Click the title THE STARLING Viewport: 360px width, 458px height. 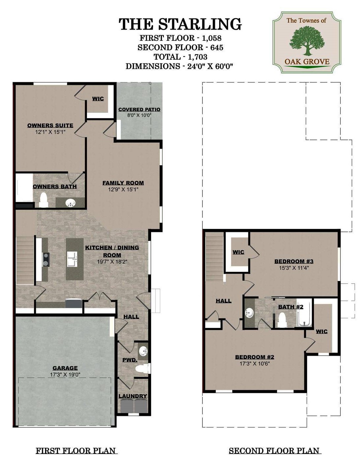tap(180, 24)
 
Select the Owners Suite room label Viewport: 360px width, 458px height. tap(50, 125)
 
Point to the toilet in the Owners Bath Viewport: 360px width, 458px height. tap(43, 200)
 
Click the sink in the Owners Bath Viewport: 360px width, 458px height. tap(70, 203)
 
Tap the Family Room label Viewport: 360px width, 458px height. tap(123, 183)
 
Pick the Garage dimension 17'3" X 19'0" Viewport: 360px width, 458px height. tap(65, 374)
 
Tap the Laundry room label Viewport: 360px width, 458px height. tap(133, 396)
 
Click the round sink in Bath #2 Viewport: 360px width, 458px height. tap(249, 313)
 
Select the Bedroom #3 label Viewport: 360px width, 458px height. tap(294, 261)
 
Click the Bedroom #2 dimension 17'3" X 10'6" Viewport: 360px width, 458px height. tap(255, 364)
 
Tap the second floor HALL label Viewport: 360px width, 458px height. tap(223, 301)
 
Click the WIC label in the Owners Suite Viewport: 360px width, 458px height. tap(98, 98)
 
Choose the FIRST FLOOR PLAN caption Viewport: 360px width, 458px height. tap(76, 450)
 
